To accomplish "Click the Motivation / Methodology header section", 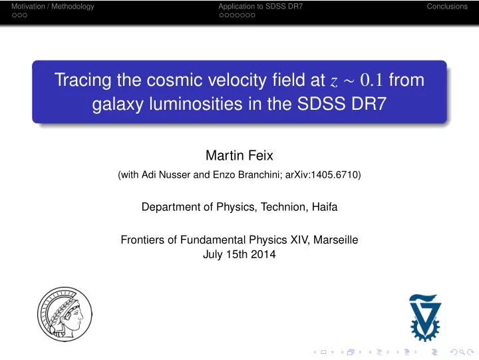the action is [x=53, y=7].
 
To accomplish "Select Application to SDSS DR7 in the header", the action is [x=261, y=7].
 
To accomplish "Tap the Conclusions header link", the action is [x=447, y=7].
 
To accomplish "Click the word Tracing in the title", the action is [x=82, y=81].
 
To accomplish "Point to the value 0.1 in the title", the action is [x=371, y=80].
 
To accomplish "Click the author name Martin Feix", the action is [x=239, y=155].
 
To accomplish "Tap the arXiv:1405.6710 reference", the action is [x=322, y=174].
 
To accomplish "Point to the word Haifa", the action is [x=325, y=207].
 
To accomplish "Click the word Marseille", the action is [x=336, y=240].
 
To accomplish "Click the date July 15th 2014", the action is [x=239, y=254].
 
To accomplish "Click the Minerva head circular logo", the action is [x=65, y=314].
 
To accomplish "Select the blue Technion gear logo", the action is [x=425, y=318].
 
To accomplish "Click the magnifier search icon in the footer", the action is [x=462, y=352].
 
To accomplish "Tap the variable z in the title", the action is [x=334, y=82].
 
